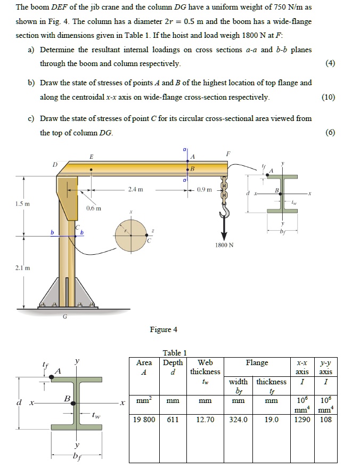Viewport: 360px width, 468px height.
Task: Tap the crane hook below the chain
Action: point(224,213)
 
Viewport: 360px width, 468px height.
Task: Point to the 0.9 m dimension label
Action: point(204,189)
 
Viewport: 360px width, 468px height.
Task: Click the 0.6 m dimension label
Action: point(94,208)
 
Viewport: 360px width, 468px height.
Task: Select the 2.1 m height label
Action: point(23,268)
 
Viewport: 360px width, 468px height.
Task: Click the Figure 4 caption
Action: point(163,329)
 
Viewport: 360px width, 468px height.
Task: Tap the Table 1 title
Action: point(175,352)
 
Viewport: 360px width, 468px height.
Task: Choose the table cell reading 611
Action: point(173,419)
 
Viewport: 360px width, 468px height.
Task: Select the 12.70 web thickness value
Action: point(205,419)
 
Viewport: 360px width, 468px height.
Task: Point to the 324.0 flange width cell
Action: point(238,419)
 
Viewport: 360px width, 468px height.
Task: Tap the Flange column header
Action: point(257,362)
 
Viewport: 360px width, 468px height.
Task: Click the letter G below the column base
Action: point(65,317)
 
